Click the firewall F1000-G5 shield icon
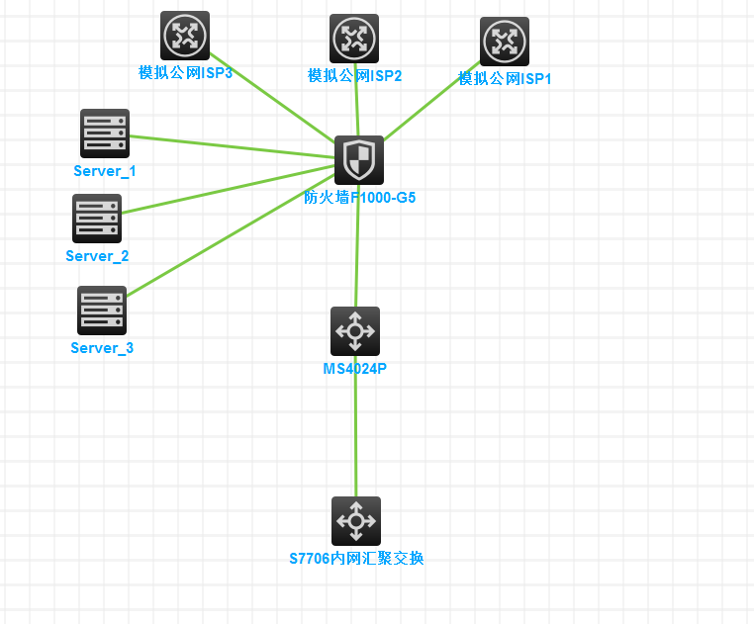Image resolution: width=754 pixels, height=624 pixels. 358,160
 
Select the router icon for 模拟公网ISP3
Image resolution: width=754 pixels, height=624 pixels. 185,36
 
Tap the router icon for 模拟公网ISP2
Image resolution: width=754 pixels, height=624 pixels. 354,39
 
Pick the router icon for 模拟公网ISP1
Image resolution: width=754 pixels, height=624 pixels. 505,42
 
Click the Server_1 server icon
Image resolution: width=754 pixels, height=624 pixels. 105,134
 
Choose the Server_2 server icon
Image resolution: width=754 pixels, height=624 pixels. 97,219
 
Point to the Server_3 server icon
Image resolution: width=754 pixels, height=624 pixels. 102,311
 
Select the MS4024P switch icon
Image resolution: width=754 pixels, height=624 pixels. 355,331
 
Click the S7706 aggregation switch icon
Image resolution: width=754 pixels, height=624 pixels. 356,521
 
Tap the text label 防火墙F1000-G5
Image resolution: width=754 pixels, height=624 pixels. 359,198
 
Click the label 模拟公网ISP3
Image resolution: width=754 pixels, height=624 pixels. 185,72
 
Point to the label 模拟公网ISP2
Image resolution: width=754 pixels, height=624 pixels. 354,75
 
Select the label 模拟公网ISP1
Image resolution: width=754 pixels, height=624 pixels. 505,78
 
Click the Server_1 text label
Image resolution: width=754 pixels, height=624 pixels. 105,171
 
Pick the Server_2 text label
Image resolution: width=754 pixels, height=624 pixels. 97,256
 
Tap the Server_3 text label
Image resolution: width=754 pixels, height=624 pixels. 102,348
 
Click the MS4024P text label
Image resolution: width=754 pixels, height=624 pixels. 355,369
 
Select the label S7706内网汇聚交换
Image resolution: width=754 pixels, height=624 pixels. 356,559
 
